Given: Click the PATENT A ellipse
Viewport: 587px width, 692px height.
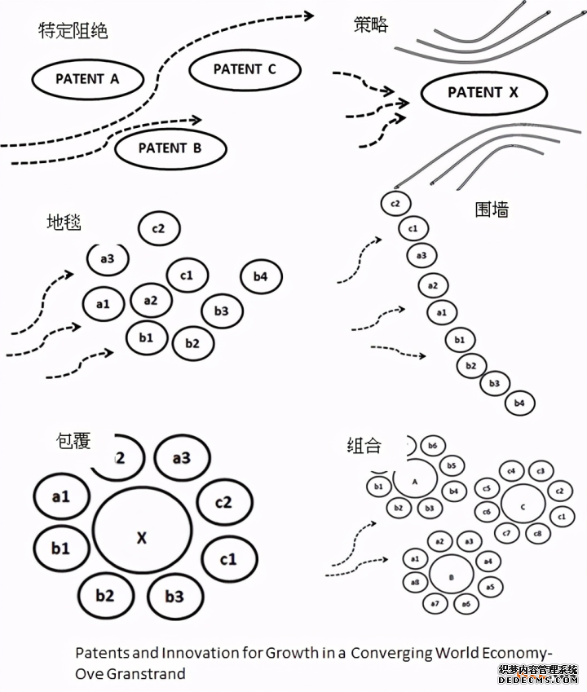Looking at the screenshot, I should coord(87,79).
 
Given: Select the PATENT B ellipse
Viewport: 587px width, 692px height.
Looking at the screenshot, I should coord(170,148).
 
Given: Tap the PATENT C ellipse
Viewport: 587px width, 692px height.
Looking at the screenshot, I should coord(245,70).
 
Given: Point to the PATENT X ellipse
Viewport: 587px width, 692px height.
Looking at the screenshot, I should coord(483,93).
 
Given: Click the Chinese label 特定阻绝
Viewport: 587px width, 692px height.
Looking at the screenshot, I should coord(73,32).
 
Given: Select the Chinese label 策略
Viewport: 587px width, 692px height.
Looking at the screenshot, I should coord(371,24).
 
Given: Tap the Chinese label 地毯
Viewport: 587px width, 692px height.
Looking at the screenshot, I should coord(64,222).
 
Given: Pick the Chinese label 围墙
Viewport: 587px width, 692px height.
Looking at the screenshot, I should coord(492,209).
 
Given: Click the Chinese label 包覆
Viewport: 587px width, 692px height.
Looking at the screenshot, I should coord(73,441).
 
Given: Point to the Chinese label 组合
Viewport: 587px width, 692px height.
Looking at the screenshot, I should coord(364,445).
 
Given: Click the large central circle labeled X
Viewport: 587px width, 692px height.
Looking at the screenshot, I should coord(141,537).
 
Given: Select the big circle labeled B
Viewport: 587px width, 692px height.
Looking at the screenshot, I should coord(452,576).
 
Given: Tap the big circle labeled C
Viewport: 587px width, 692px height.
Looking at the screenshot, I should coord(523,505).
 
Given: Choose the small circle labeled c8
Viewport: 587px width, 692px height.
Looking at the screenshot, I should coord(536,534).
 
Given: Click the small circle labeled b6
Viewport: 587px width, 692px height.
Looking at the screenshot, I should coord(432,447).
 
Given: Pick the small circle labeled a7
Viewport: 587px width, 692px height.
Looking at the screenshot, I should coord(435,603).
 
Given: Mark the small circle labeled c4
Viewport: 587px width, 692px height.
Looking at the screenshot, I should coord(511,471).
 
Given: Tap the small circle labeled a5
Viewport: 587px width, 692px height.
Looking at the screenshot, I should coord(489,587).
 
